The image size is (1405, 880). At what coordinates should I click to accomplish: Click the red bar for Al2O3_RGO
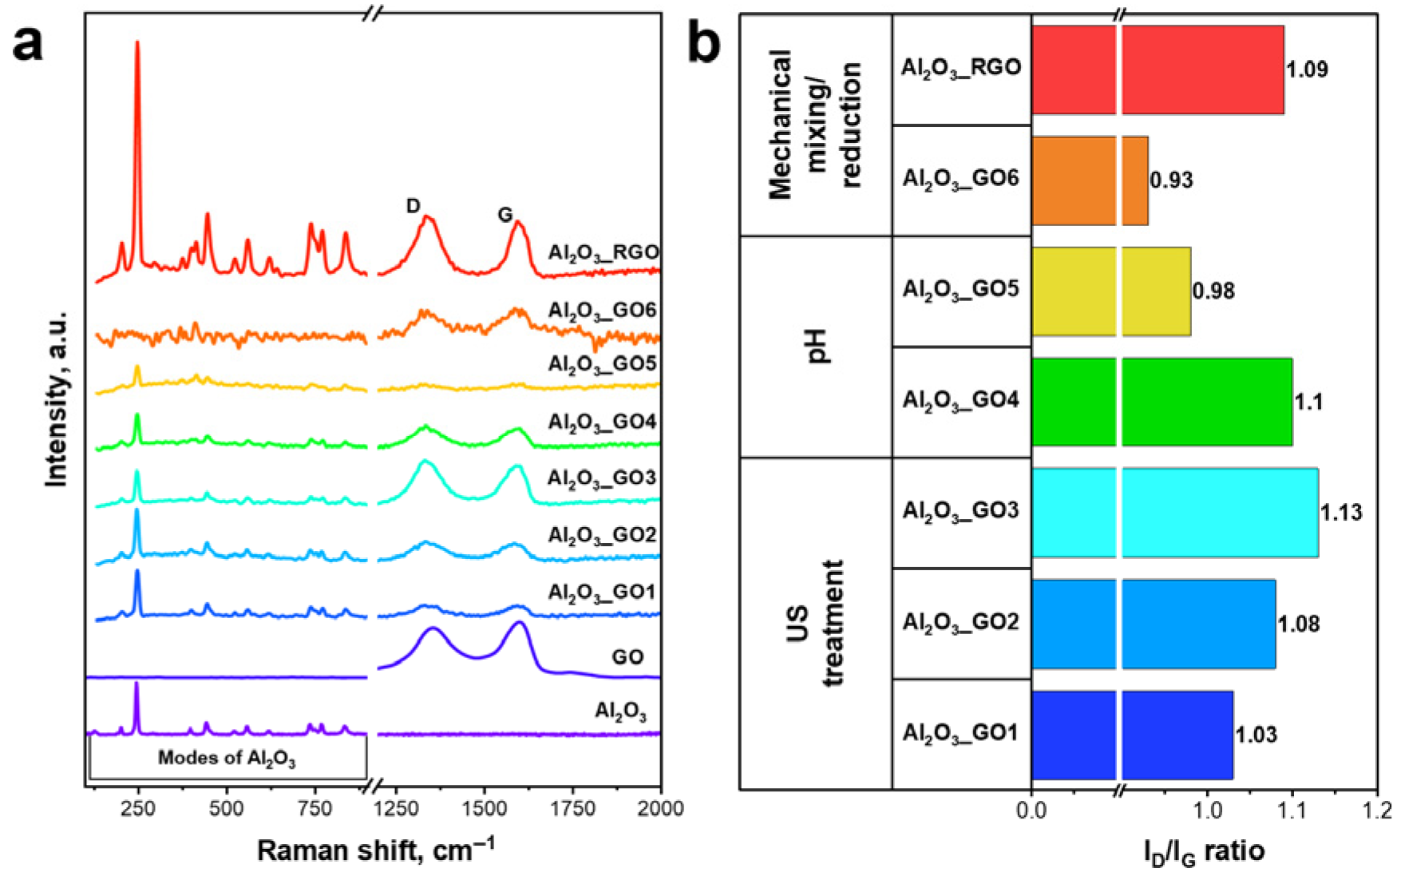[x=1158, y=69]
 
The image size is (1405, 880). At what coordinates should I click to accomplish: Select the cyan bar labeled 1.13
[x=1174, y=512]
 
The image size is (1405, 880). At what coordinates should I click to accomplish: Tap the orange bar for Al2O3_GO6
[x=1090, y=180]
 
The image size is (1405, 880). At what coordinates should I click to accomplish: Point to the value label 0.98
[x=1213, y=291]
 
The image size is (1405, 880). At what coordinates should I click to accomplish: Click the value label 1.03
[x=1256, y=735]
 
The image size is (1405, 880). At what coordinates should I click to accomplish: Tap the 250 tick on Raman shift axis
[x=138, y=809]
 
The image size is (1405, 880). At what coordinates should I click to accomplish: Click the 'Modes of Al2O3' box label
[x=227, y=758]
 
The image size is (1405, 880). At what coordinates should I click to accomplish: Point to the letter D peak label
[x=413, y=206]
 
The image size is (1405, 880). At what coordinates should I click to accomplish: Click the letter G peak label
[x=505, y=214]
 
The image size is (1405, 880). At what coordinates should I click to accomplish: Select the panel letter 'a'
[x=29, y=43]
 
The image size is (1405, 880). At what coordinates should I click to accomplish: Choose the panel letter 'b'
[x=704, y=43]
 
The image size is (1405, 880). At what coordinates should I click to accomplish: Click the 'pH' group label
[x=817, y=347]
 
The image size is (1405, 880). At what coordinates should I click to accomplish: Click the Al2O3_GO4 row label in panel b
[x=960, y=400]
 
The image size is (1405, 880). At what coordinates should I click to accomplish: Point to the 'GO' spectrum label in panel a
[x=627, y=657]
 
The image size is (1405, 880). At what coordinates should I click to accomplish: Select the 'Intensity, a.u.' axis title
[x=56, y=398]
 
